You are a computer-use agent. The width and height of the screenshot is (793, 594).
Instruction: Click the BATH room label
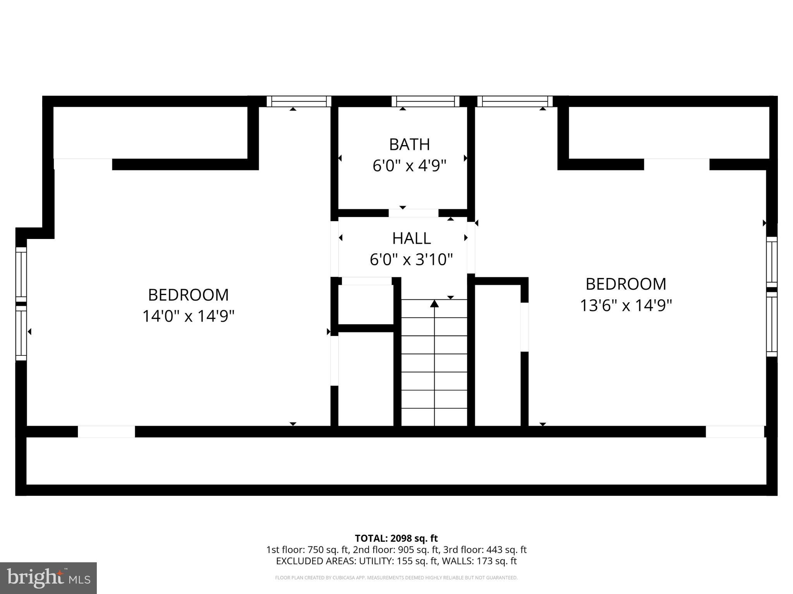(409, 145)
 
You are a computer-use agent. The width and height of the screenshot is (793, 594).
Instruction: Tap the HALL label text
(411, 239)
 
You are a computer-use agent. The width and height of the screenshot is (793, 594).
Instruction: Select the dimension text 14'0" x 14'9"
(189, 316)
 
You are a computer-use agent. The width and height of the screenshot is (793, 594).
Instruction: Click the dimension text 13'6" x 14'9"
(625, 306)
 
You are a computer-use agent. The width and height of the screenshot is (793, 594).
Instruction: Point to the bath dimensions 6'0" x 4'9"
(409, 166)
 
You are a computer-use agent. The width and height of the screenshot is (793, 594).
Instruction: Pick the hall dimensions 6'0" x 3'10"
(411, 259)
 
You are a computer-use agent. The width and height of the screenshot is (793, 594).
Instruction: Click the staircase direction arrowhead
(434, 304)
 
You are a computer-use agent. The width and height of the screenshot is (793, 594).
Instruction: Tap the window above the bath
(425, 101)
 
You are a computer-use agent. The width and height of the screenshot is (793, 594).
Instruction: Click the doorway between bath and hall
(413, 213)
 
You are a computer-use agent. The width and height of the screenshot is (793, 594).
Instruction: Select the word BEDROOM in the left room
(189, 295)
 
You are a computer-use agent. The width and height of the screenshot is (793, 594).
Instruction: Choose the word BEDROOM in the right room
(625, 284)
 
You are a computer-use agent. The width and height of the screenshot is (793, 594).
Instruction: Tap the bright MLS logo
(48, 578)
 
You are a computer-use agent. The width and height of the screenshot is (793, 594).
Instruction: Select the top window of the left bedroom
(299, 101)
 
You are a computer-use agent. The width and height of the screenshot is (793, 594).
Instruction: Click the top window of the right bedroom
(515, 101)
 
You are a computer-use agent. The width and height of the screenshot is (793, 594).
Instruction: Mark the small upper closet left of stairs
(366, 305)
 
